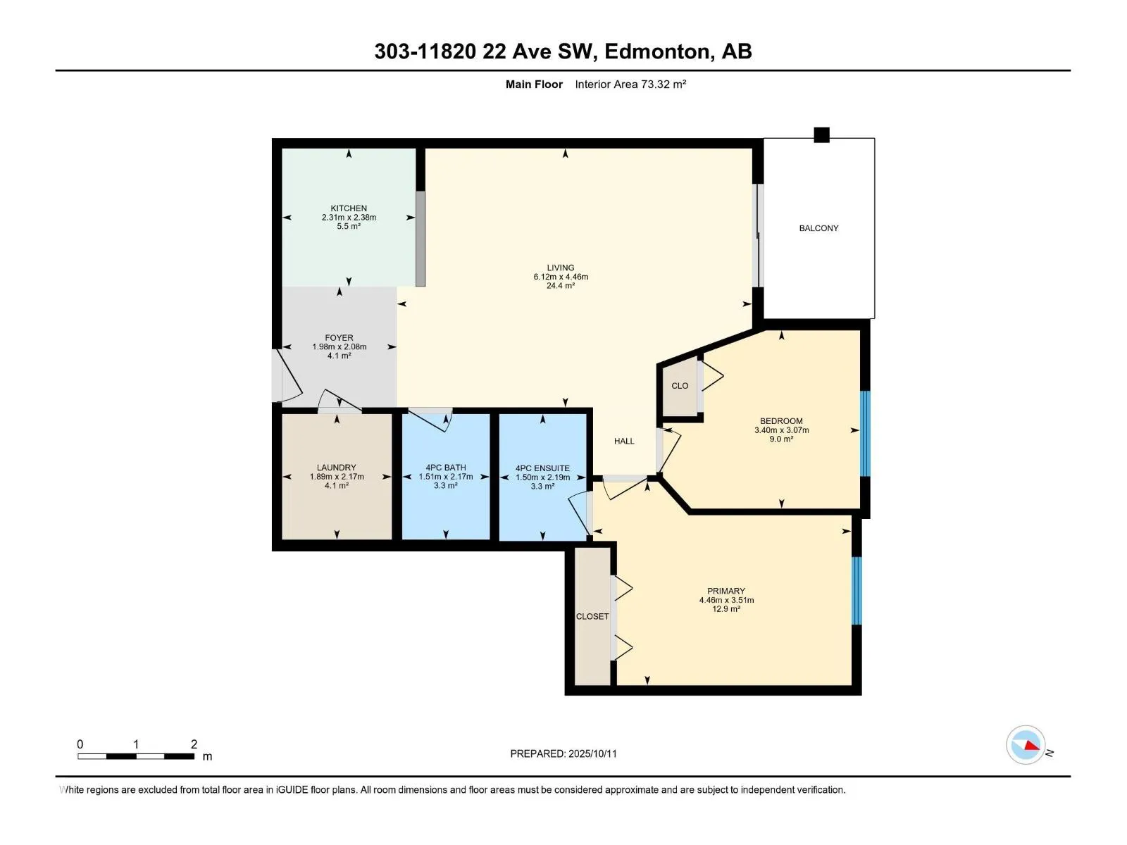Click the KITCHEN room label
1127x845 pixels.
349,208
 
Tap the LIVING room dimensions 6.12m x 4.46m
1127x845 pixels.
561,277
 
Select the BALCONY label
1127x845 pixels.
819,228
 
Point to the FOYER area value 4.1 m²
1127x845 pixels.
340,356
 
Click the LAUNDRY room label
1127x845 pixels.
336,468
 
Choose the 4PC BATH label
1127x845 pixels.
446,468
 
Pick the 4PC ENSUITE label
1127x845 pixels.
542,468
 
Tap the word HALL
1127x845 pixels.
624,442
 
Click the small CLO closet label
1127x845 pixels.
680,386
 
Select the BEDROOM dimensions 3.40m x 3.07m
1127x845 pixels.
781,430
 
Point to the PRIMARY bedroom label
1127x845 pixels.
726,591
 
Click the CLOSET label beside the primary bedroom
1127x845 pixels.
592,617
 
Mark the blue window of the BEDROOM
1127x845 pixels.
865,434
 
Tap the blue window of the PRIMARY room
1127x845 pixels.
857,591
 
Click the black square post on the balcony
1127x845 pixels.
821,135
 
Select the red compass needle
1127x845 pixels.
1031,746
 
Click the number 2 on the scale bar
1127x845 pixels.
194,744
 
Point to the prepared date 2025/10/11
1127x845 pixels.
592,753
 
